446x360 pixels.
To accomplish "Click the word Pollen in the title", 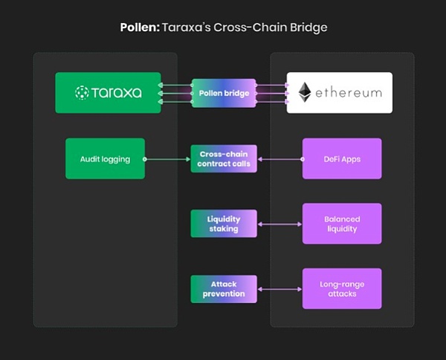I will [138, 28].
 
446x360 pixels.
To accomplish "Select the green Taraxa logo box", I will [109, 93].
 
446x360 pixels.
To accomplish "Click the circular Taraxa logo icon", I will [83, 93].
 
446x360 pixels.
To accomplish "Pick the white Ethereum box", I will [340, 93].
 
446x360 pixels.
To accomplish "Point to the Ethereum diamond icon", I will [305, 93].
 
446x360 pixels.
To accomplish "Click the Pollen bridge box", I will [224, 94].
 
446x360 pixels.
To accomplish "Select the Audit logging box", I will [105, 158].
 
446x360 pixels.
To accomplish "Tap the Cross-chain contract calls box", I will [224, 158].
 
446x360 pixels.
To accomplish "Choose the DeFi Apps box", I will [342, 158].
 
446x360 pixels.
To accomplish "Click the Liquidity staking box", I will [224, 223].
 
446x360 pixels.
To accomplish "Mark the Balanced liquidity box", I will [342, 224].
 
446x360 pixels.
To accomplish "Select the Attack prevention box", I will [224, 289].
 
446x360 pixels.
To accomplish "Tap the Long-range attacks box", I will [342, 289].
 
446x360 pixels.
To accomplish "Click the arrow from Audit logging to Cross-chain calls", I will [168, 158].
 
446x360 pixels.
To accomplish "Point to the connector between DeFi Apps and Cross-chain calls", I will [279, 158].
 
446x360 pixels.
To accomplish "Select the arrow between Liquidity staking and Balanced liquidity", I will [279, 224].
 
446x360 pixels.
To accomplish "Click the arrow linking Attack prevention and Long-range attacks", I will [279, 289].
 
